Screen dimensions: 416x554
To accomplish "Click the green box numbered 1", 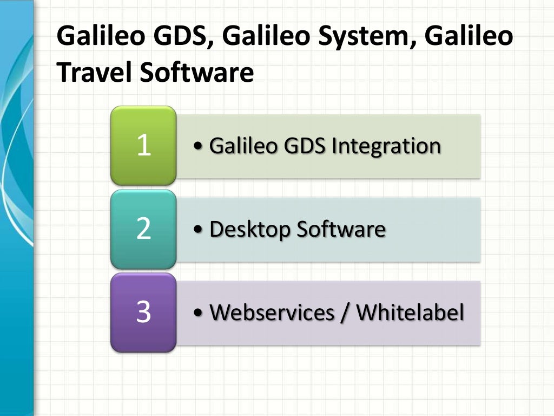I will point(143,146).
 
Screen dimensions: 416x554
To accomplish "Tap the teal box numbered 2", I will point(143,229).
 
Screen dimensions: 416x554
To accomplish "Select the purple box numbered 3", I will point(143,313).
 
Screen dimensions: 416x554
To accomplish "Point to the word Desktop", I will point(249,230).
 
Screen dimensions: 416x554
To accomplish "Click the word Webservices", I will point(275,313).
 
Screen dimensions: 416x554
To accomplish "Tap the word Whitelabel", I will point(410,313).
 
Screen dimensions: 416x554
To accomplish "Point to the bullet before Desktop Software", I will point(198,230).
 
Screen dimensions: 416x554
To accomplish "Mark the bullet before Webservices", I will point(198,314).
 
